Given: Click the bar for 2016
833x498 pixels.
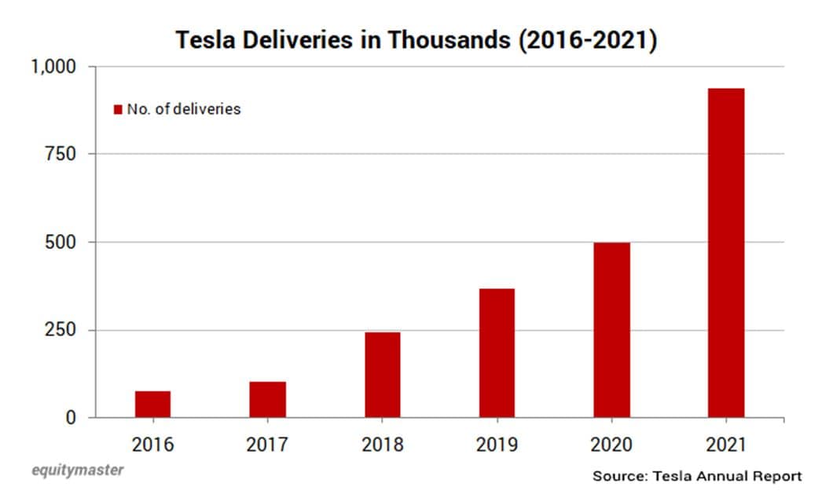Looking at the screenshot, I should tap(152, 404).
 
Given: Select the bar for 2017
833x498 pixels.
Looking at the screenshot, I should tap(267, 399).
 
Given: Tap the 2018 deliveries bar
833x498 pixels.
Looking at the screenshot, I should tap(382, 375).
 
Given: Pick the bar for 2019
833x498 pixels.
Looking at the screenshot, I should tap(497, 353).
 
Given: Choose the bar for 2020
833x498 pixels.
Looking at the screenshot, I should tap(611, 330).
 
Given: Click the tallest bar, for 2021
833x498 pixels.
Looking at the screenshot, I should tap(726, 252).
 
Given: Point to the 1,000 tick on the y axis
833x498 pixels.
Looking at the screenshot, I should tap(53, 67).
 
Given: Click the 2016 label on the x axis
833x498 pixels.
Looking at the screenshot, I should tap(152, 445).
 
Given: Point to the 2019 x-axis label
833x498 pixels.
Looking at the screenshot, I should tap(497, 445).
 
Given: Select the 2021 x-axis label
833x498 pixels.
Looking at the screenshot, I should tap(726, 445).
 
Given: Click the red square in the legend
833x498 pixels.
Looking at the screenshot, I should tap(119, 109).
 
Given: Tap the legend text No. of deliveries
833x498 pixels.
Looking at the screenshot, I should tap(184, 109).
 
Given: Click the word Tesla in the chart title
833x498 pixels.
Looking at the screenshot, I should tap(202, 40).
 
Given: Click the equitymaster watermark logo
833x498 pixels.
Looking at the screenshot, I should tap(76, 471).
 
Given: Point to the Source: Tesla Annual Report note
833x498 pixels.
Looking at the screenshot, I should tap(697, 476).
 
